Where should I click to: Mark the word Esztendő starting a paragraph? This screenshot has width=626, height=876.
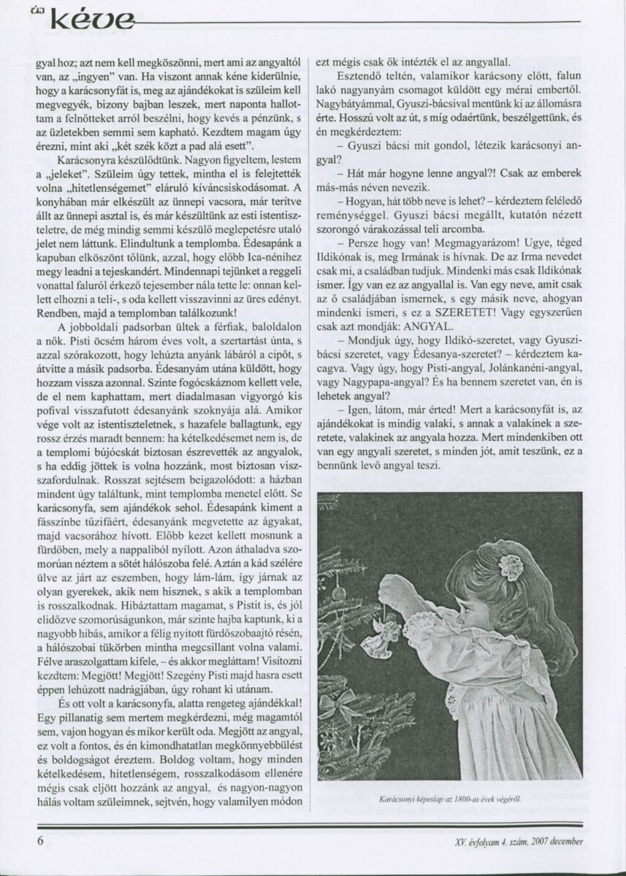point(358,75)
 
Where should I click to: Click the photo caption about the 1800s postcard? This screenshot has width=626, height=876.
point(449,799)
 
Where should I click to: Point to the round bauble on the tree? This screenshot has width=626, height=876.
point(338,593)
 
